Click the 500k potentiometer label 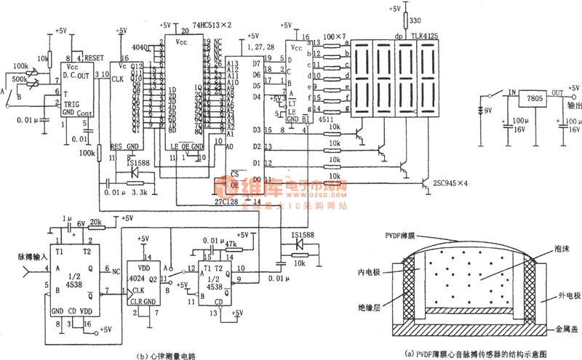coord(20,76)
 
